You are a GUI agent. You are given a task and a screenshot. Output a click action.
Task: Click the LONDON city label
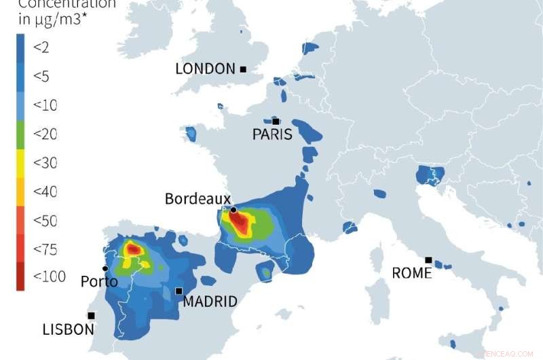pyautogui.click(x=206, y=69)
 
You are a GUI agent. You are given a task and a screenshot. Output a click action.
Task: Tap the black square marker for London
pyautogui.click(x=243, y=69)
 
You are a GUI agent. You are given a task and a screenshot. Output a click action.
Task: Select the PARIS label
pyautogui.click(x=272, y=134)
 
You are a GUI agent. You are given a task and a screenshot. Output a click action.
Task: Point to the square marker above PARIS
pyautogui.click(x=276, y=122)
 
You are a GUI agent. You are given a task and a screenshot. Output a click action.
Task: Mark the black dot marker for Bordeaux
pyautogui.click(x=233, y=210)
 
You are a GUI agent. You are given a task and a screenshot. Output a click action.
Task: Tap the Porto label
pyautogui.click(x=99, y=281)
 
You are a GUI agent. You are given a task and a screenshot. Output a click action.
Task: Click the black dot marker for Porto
pyautogui.click(x=105, y=268)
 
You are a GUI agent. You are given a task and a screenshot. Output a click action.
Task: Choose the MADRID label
pyautogui.click(x=210, y=301)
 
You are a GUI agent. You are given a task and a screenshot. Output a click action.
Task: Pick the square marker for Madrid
pyautogui.click(x=179, y=291)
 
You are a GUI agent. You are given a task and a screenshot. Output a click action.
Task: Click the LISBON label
pyautogui.click(x=68, y=329)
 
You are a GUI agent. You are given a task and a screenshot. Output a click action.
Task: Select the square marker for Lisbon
pyautogui.click(x=91, y=315)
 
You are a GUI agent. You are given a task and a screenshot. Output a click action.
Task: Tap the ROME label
pyautogui.click(x=412, y=273)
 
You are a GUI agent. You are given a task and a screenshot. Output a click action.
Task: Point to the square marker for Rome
pyautogui.click(x=428, y=260)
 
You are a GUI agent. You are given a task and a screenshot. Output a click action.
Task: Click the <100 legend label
pyautogui.click(x=49, y=276)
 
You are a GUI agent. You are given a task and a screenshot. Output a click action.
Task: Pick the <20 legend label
pyautogui.click(x=45, y=134)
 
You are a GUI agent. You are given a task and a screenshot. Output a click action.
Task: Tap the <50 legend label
pyautogui.click(x=45, y=221)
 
